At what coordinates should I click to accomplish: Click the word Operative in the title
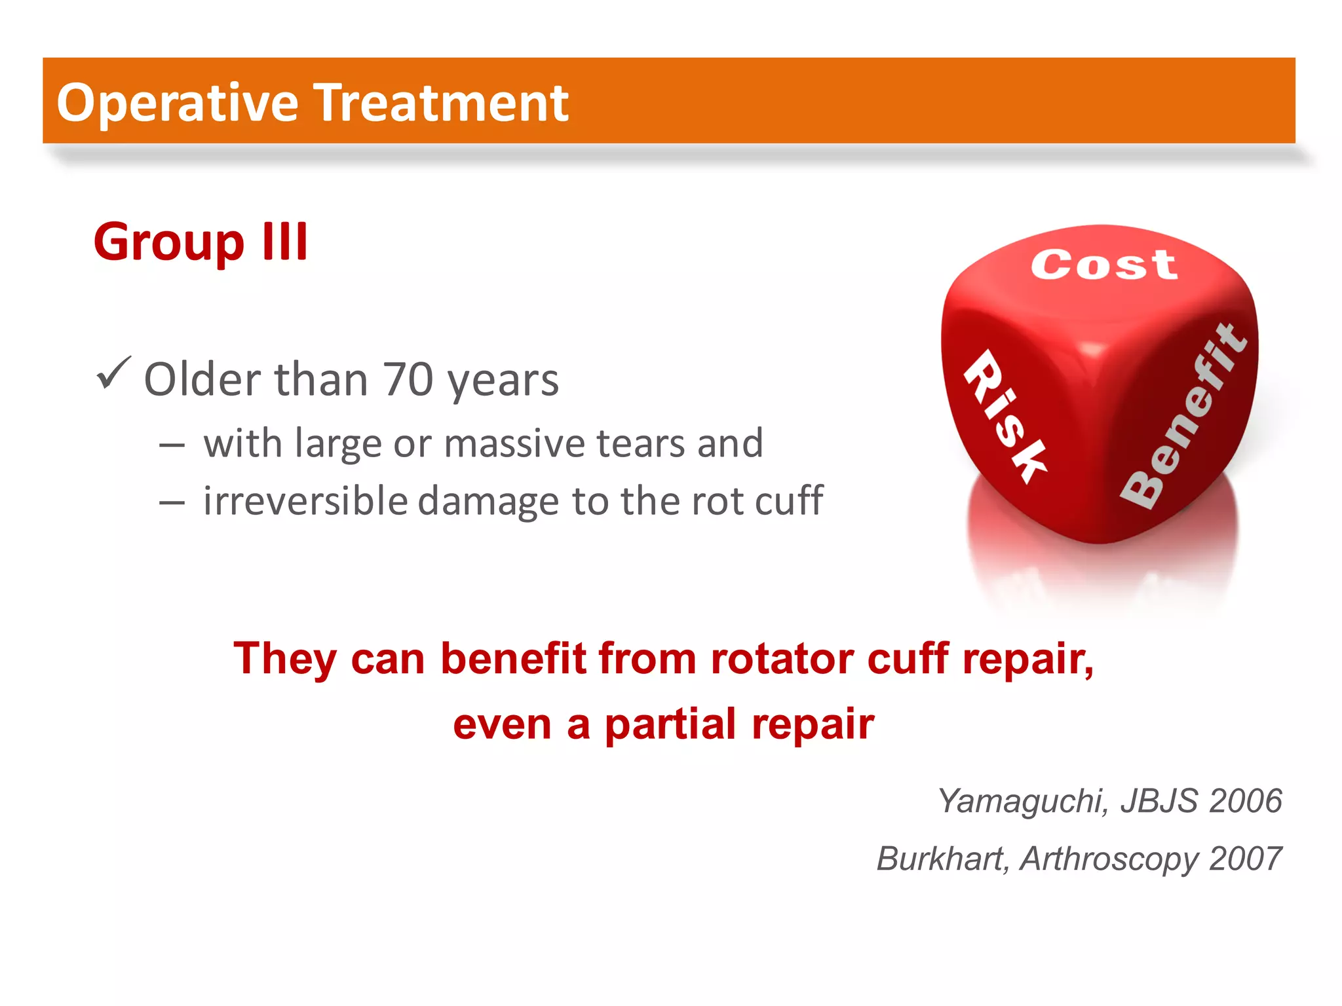pyautogui.click(x=177, y=103)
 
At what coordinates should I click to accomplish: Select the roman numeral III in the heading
pyautogui.click(x=284, y=242)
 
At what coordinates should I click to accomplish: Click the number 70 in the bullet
pyautogui.click(x=408, y=380)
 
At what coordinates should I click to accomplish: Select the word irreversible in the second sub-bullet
pyautogui.click(x=305, y=501)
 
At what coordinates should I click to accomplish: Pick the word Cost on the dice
pyautogui.click(x=1104, y=265)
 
